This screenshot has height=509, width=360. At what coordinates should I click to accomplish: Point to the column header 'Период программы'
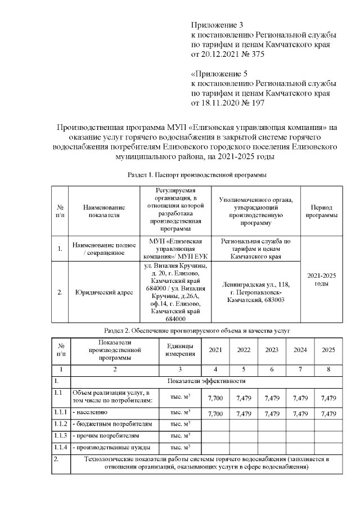(x=322, y=211)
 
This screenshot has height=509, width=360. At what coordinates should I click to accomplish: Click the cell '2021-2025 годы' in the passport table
(x=322, y=279)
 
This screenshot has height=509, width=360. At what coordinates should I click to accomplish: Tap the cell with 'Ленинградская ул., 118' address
(x=256, y=292)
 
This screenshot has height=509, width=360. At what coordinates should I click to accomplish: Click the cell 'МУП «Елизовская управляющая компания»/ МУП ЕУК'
(x=175, y=249)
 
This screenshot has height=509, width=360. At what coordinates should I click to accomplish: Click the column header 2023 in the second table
(x=272, y=350)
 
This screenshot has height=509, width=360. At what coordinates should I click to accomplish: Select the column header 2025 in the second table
(x=328, y=350)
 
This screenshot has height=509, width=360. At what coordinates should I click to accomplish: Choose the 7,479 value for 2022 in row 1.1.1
(x=244, y=413)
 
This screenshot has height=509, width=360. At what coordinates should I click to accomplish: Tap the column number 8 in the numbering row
(x=328, y=369)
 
